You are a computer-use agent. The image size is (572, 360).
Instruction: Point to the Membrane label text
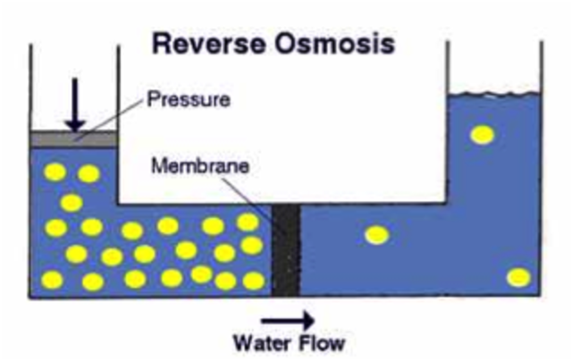point(199,165)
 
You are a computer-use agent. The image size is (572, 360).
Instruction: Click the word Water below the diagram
point(262,342)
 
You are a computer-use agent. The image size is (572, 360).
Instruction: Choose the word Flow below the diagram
point(320,342)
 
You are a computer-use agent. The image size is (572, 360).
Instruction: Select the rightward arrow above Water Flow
point(288,320)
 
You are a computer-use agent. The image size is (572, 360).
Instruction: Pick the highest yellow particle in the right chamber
point(483,135)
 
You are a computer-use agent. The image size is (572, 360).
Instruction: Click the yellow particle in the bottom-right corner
point(518,277)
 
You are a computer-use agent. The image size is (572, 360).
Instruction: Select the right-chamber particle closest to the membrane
point(377,235)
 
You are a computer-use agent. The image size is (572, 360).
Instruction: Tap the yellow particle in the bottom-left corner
point(53,280)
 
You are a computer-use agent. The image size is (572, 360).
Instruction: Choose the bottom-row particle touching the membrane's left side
point(254,280)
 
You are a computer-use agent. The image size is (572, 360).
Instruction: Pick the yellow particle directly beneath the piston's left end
point(54,171)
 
